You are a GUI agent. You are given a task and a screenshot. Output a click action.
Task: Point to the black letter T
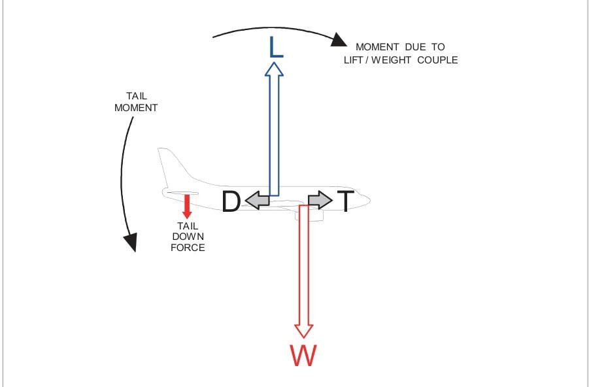345,201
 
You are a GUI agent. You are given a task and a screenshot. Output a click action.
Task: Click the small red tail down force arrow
187,206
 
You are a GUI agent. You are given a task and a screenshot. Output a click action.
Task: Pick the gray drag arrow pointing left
258,201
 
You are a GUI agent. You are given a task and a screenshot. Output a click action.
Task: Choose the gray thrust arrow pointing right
320,200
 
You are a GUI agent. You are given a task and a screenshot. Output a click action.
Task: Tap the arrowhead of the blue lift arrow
275,69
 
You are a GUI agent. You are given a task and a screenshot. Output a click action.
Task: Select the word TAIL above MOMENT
136,96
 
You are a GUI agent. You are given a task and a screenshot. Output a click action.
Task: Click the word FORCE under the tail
188,247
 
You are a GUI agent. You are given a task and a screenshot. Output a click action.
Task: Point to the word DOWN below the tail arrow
188,236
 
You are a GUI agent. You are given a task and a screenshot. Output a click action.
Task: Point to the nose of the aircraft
368,199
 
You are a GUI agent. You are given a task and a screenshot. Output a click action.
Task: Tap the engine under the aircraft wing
312,215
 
